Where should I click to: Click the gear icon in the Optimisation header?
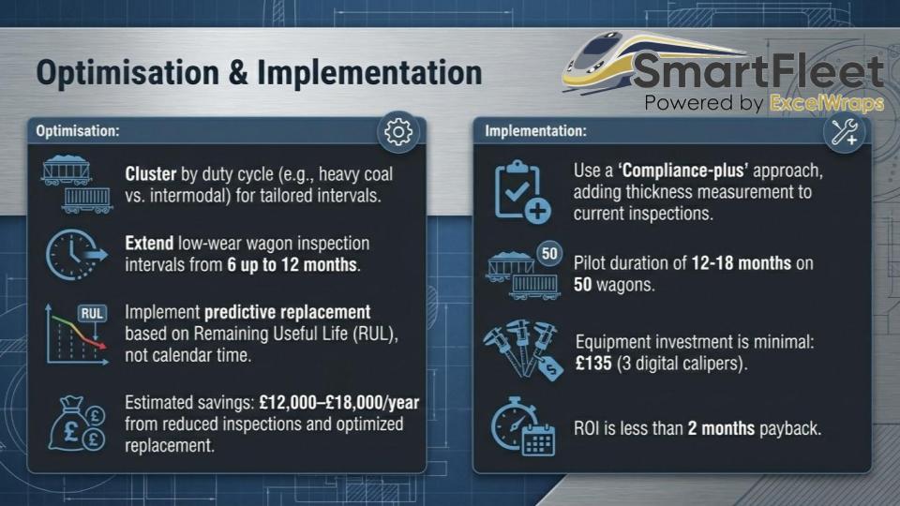tap(398, 132)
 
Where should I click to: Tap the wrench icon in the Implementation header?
tap(844, 132)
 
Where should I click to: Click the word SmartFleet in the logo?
tap(758, 72)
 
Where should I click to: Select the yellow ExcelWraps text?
tap(827, 103)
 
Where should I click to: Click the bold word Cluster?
tap(150, 174)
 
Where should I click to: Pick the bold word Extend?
tap(149, 244)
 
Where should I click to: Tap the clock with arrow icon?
tap(76, 255)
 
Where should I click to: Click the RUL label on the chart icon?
tap(92, 313)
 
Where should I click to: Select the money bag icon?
tap(77, 423)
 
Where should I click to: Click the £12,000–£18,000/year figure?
tap(339, 403)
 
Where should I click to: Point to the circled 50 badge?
tap(549, 254)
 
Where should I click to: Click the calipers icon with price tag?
tap(523, 350)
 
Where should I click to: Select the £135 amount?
tap(593, 364)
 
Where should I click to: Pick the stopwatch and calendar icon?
tap(522, 426)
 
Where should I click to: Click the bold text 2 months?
tap(721, 428)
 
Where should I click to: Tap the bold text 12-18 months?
tap(741, 263)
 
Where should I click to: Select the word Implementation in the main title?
tap(369, 73)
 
